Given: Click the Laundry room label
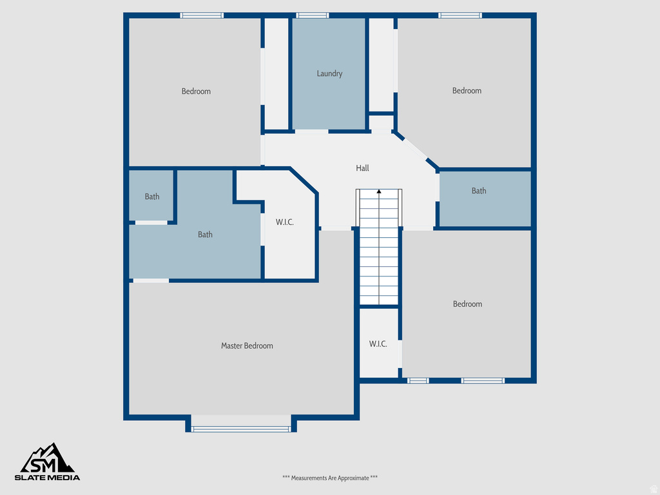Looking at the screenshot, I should (329, 73).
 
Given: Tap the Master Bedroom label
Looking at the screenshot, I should (247, 345).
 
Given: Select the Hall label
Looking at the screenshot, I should (363, 168).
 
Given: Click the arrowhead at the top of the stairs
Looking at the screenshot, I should (379, 191).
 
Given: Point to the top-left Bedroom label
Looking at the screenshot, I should (196, 91).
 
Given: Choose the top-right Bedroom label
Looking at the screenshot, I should (467, 90).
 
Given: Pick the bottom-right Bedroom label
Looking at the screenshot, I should (467, 304).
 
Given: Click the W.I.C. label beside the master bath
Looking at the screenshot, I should (285, 222).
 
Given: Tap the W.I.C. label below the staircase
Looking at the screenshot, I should (378, 344).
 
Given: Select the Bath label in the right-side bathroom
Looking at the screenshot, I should (479, 191).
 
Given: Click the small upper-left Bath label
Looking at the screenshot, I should (152, 197).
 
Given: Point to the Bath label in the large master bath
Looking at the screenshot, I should (205, 235).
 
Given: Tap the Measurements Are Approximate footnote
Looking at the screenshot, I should (330, 478).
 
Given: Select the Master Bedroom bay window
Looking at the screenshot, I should (241, 429).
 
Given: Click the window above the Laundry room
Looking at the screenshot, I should (313, 15).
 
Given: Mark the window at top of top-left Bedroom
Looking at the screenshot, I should (202, 15).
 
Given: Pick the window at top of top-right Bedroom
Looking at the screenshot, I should (460, 15).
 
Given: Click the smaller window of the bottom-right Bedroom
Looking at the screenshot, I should (418, 380).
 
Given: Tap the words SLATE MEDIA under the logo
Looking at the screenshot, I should (48, 478).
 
